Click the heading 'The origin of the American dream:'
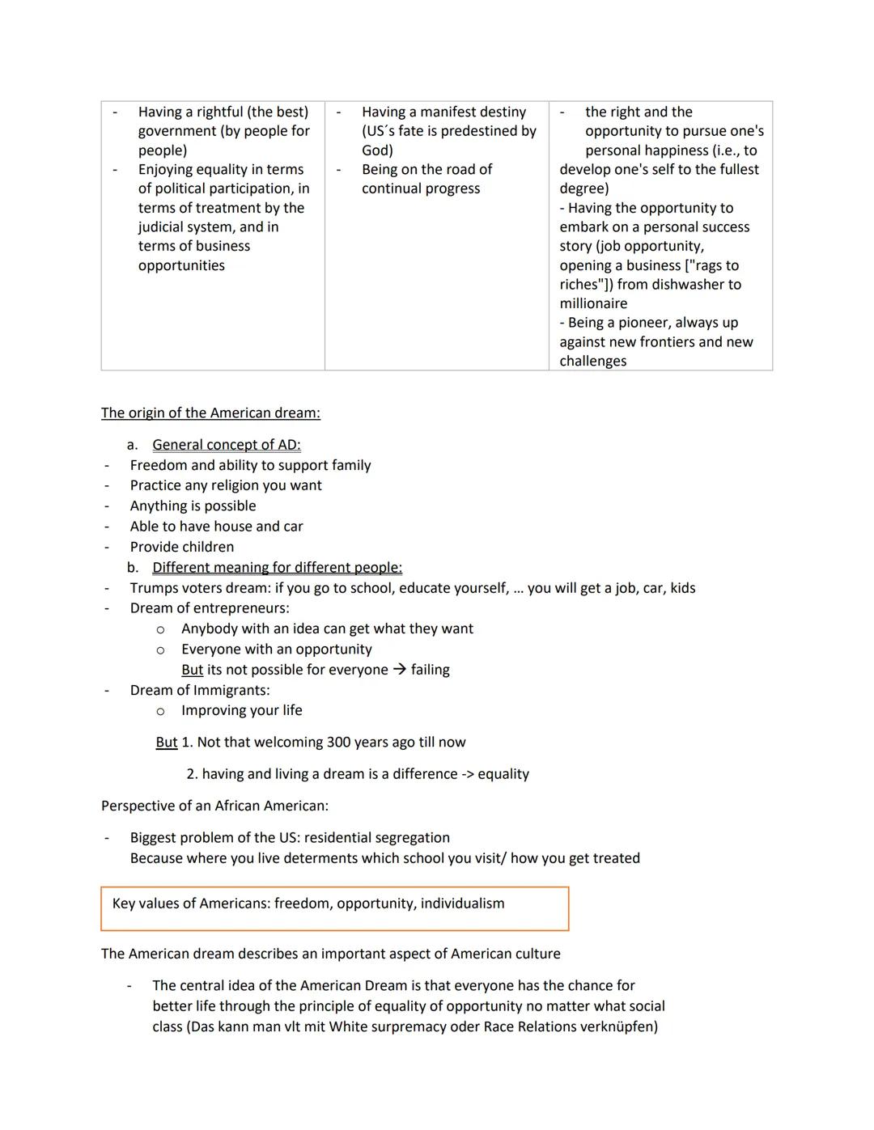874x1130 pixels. point(210,413)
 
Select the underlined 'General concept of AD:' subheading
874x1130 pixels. point(226,445)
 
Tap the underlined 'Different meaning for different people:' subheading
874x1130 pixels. point(277,568)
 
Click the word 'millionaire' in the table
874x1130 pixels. point(593,303)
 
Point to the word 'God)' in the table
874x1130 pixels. point(377,150)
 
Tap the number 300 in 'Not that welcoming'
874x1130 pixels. point(339,743)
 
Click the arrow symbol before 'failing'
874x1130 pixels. point(400,670)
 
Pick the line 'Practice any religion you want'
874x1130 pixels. point(226,485)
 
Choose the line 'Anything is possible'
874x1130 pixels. point(193,506)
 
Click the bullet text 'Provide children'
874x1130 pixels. point(182,548)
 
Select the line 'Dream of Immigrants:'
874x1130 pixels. point(200,690)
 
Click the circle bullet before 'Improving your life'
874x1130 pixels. point(160,711)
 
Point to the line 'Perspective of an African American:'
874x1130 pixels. point(214,806)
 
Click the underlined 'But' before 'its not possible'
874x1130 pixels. point(192,670)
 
